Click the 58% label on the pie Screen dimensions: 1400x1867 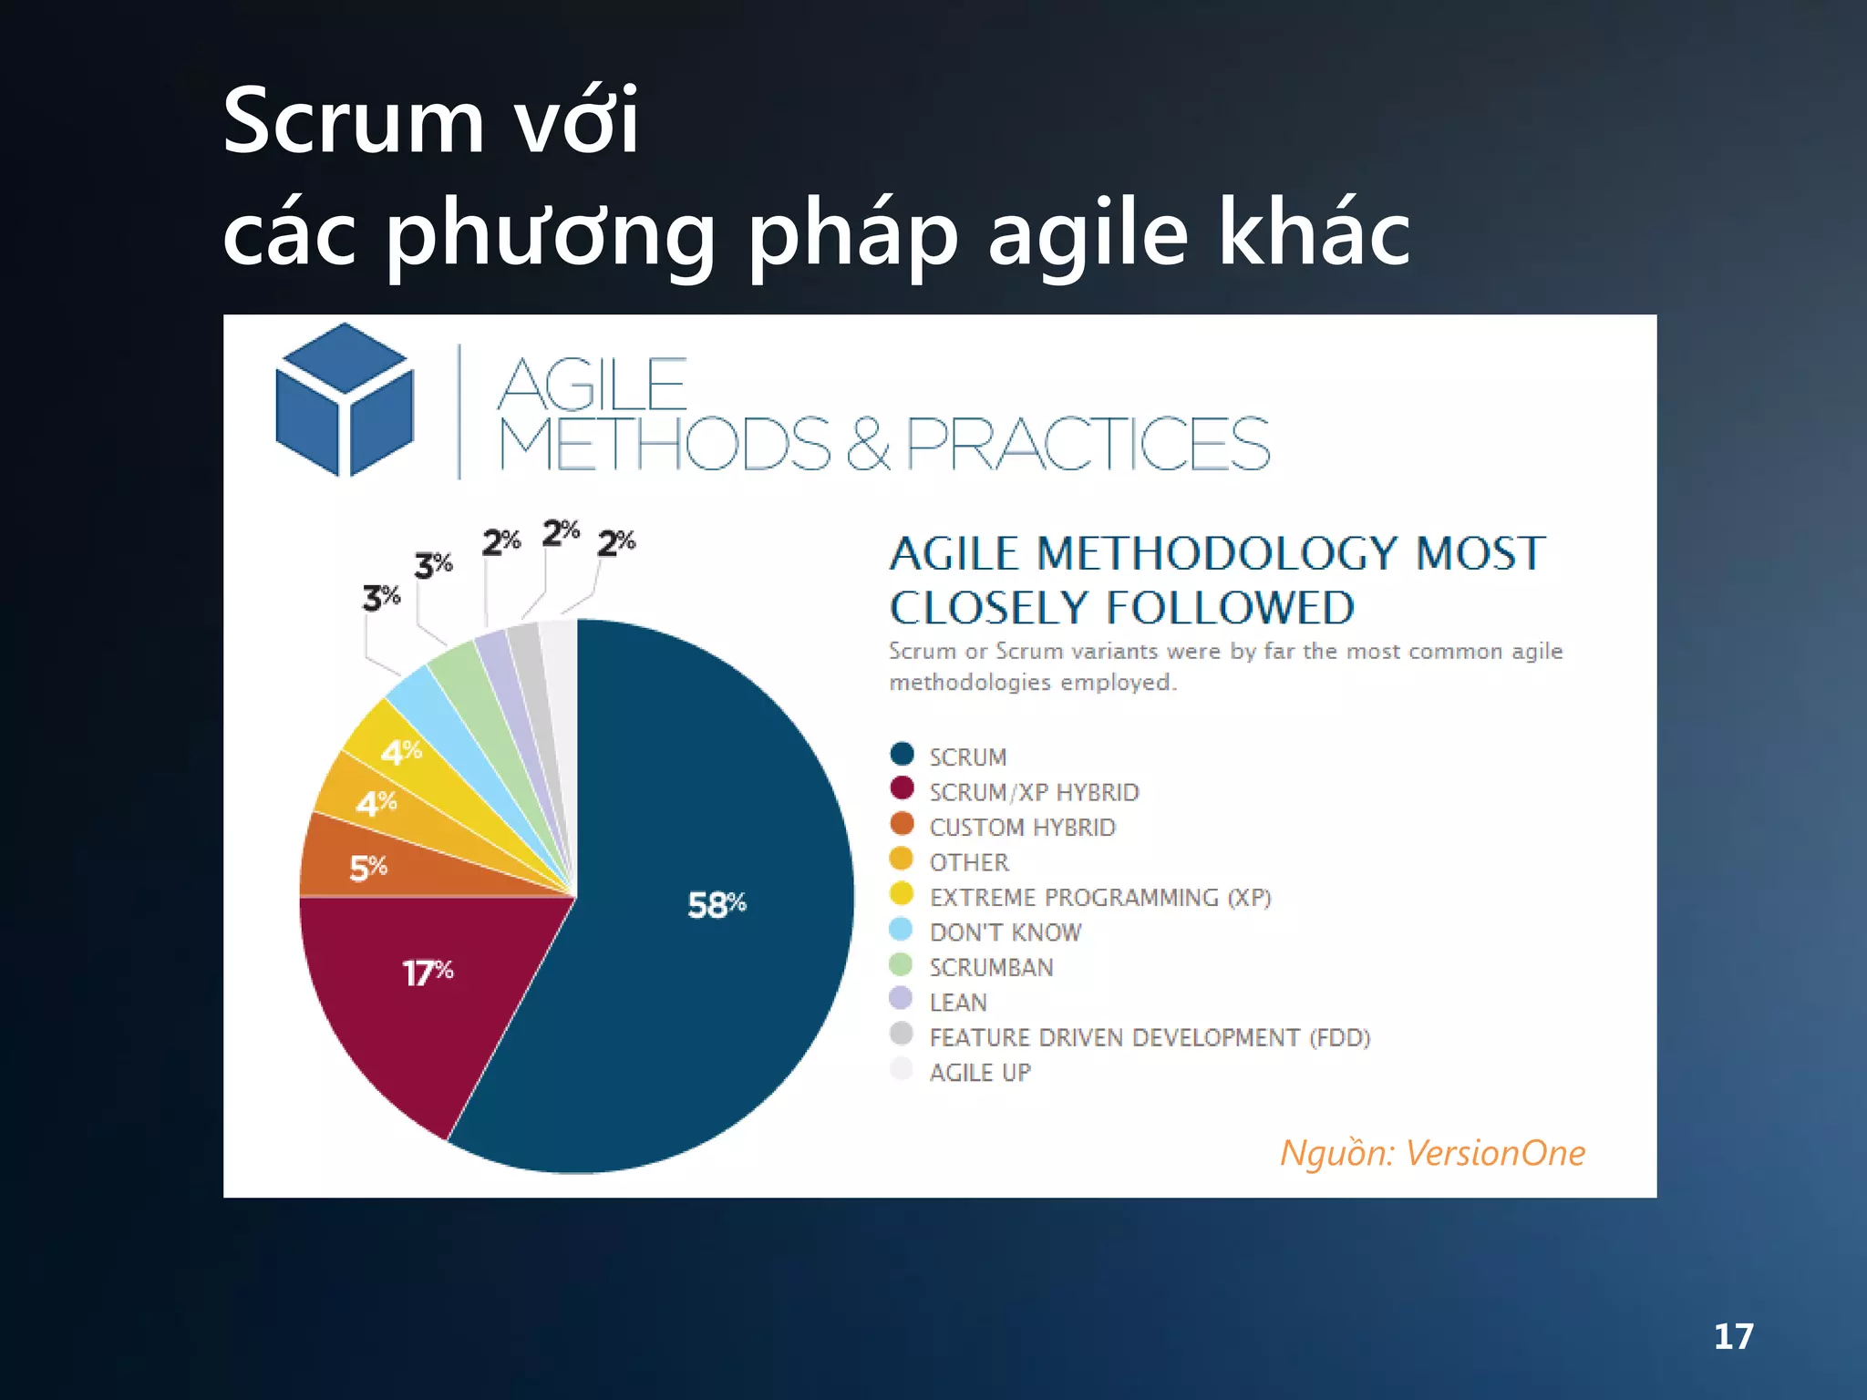point(717,905)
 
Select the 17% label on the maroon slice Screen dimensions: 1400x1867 point(428,973)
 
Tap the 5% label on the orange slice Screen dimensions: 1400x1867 point(368,868)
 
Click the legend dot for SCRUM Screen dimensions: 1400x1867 point(902,755)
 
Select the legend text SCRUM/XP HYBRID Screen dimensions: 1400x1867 point(1034,792)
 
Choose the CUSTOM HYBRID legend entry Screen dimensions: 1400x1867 point(1022,828)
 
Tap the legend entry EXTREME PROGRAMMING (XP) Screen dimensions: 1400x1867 point(1099,898)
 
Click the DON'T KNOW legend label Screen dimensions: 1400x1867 point(1005,932)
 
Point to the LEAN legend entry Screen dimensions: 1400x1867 point(958,1003)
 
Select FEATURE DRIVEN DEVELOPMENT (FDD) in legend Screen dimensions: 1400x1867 point(1150,1038)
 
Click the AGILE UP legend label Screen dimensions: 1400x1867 point(980,1073)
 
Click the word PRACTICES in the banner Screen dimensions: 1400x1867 point(1087,444)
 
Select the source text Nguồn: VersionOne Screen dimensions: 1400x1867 point(1432,1153)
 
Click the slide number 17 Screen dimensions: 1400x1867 point(1733,1337)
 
